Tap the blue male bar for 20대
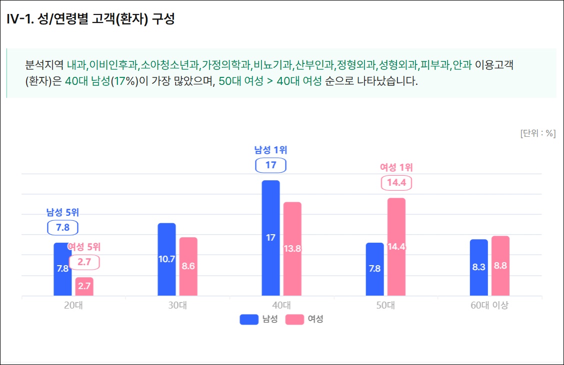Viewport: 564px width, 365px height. tap(62, 269)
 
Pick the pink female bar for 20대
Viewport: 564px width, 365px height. tap(84, 287)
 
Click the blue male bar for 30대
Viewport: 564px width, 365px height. tap(166, 259)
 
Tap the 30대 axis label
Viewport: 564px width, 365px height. tap(177, 306)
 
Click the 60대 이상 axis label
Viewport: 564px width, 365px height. tap(489, 306)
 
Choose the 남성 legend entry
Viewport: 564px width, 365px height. tap(258, 319)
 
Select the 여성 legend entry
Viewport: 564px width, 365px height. tap(304, 319)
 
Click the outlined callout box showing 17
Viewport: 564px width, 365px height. tap(270, 165)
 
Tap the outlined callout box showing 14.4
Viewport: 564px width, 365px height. tap(396, 183)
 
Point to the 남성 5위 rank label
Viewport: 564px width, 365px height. tap(62, 212)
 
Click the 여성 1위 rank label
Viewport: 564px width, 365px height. tap(396, 168)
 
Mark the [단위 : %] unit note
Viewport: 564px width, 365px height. tap(537, 133)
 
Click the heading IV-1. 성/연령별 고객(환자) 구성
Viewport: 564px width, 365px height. tap(90, 19)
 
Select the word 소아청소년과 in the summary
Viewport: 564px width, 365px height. tap(170, 65)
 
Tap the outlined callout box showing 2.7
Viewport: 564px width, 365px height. tap(84, 262)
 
